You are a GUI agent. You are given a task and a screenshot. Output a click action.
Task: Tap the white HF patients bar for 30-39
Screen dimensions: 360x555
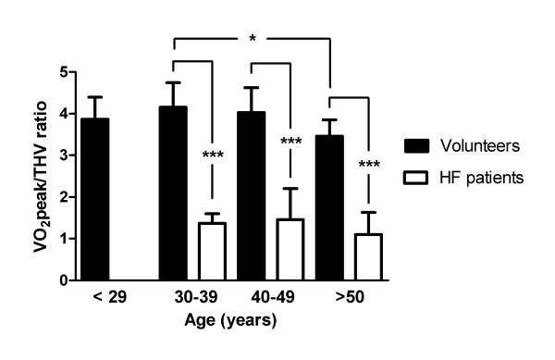tap(214, 251)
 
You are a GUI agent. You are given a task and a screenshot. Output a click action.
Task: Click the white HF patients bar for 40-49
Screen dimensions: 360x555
tap(291, 249)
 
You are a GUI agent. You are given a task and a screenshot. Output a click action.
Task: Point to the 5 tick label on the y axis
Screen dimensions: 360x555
tap(63, 72)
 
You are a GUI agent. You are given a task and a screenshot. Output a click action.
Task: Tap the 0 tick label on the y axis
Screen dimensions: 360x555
tap(63, 280)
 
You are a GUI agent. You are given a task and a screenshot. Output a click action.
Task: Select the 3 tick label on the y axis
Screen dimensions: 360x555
tap(63, 155)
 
